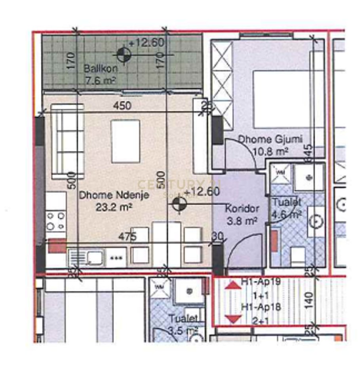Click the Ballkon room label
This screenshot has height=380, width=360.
coord(100,69)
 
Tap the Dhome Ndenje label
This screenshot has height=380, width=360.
coord(114,195)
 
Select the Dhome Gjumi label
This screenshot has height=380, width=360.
coord(270,139)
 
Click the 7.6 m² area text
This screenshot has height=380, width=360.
coord(100,81)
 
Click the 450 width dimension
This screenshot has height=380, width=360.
coord(122,106)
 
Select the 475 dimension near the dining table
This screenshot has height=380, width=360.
coord(128,237)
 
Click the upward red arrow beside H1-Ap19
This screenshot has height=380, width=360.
coord(233,285)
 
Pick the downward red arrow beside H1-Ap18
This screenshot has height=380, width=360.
coord(233,318)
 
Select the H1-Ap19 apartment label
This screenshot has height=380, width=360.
coord(261,283)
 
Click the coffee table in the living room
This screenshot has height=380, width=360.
coord(126,141)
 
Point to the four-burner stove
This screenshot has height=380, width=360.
coord(55,221)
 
